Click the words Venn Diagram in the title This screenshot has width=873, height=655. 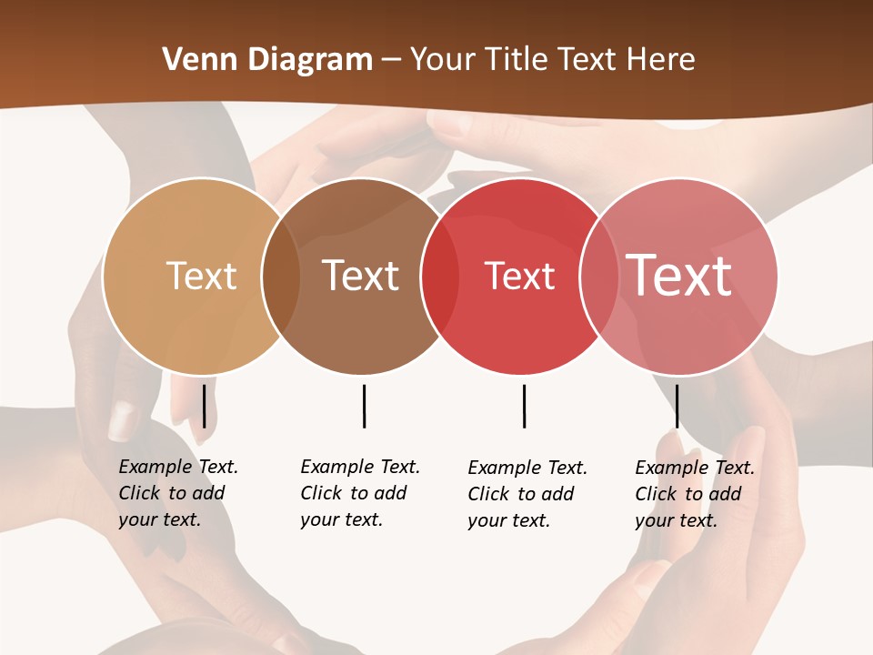pyautogui.click(x=267, y=60)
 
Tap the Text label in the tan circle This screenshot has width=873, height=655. pyautogui.click(x=202, y=276)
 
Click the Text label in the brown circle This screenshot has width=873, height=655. pyautogui.click(x=361, y=276)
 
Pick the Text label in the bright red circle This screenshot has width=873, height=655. pyautogui.click(x=519, y=277)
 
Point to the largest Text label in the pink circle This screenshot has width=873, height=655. pyautogui.click(x=679, y=275)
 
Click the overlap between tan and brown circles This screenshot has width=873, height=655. pyautogui.click(x=281, y=277)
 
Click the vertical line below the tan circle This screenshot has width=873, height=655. pyautogui.click(x=204, y=406)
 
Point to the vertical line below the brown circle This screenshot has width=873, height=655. pyautogui.click(x=364, y=406)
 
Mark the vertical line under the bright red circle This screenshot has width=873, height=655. pyautogui.click(x=524, y=406)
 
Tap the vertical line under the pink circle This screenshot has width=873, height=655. pyautogui.click(x=677, y=406)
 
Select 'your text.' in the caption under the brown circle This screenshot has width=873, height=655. pyautogui.click(x=341, y=519)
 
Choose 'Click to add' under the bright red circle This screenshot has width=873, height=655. pyautogui.click(x=521, y=494)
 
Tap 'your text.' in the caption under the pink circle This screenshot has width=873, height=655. pyautogui.click(x=676, y=520)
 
